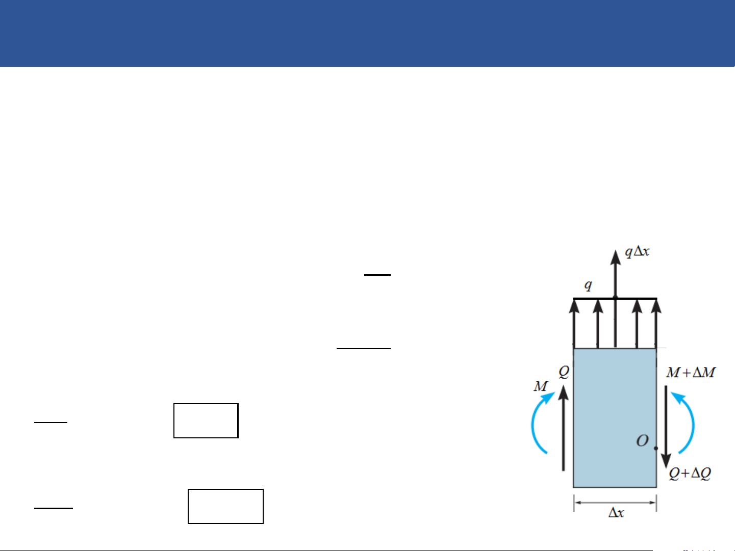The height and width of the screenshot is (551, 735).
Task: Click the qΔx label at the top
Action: point(637,252)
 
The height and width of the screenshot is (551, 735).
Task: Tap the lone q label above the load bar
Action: point(588,285)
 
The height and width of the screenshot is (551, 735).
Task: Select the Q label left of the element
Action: point(564,372)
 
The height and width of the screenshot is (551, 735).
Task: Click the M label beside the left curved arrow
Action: point(541,386)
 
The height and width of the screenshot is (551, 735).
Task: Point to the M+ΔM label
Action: point(691,373)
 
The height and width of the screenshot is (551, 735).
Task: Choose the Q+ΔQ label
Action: point(690,474)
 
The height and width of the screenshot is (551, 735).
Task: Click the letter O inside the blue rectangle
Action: point(642,441)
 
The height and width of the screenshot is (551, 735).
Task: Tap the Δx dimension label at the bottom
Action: point(616,513)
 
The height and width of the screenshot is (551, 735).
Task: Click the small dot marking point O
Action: point(656,449)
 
